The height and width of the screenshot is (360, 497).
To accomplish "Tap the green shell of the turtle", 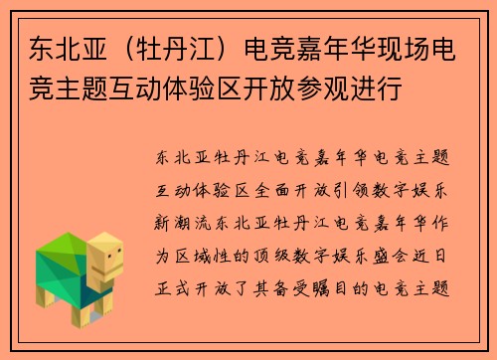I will [62, 261].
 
